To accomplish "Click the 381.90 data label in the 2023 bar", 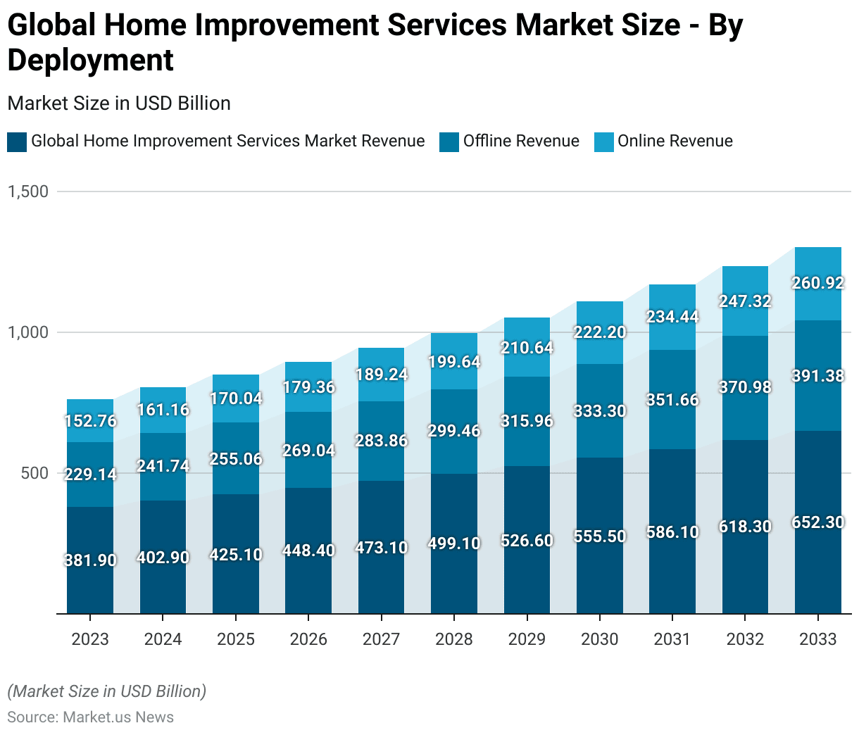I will pos(90,560).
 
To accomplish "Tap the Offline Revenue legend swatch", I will pos(449,142).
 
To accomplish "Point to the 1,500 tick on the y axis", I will pos(28,191).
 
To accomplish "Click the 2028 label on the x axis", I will pos(454,639).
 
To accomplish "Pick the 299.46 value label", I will pos(454,431).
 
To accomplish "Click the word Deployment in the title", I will pos(90,60).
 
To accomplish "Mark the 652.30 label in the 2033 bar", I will pos(817,522).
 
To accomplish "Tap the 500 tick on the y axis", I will pos(35,473).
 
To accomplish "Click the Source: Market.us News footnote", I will pos(90,717).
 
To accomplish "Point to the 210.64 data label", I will pos(527,348).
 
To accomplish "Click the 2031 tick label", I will pos(672,639).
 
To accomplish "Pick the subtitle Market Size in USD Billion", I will pos(119,103).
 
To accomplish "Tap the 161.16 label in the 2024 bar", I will pos(163,410).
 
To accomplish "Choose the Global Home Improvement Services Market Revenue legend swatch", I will pos(17,142).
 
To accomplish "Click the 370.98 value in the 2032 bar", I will pos(745,387).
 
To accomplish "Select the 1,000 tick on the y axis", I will pos(28,332).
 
